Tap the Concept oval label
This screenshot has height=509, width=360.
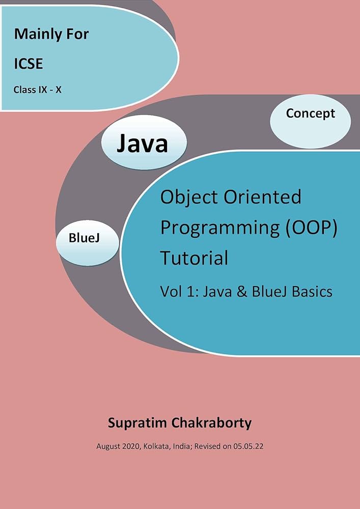point(310,113)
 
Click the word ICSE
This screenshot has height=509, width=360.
point(29,64)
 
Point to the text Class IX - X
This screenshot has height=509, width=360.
point(38,90)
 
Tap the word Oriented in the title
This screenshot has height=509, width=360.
point(263,196)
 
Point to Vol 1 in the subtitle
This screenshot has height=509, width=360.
point(176,291)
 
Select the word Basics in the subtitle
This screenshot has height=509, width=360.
point(309,291)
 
